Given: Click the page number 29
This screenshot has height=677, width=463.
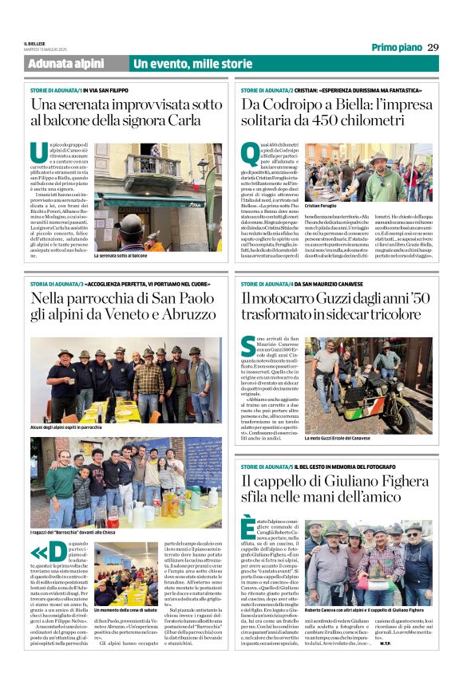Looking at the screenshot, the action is tap(433, 47).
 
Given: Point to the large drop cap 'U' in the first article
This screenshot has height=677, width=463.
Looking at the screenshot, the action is tap(40, 154).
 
